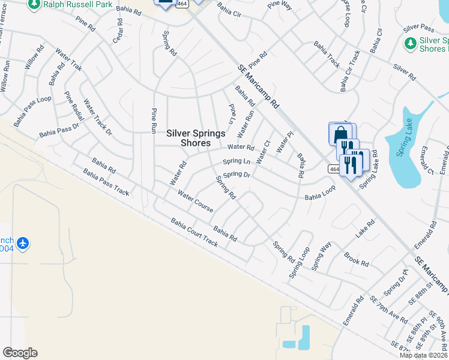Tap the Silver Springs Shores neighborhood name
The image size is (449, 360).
(x=196, y=138)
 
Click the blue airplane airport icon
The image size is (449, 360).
(x=23, y=243)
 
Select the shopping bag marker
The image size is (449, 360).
(x=340, y=134)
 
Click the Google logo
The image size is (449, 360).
(x=20, y=353)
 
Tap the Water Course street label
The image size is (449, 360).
(x=196, y=201)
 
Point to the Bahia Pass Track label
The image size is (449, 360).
(x=106, y=182)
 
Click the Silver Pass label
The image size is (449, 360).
(x=418, y=28)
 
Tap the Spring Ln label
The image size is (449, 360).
(x=237, y=161)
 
